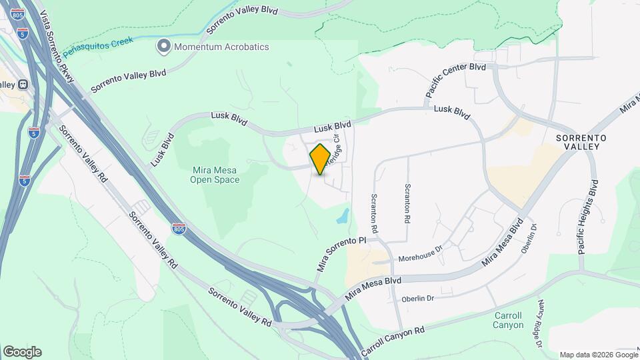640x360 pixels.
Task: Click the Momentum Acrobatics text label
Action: click(x=221, y=47)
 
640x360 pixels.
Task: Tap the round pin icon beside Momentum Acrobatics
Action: click(x=163, y=47)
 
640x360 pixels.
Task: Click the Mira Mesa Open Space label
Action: click(x=215, y=174)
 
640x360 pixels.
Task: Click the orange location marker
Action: click(x=321, y=159)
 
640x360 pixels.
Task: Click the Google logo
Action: click(x=22, y=351)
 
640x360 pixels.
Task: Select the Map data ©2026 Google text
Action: click(x=597, y=355)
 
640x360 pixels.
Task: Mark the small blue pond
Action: click(x=343, y=215)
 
